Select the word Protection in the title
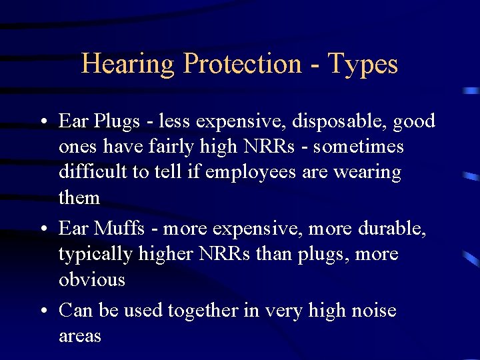[242, 65]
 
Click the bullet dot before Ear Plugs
[42, 123]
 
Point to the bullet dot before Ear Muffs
[42, 230]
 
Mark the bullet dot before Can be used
[42, 312]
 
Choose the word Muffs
[119, 228]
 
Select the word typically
[96, 255]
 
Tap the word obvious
[92, 279]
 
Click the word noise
[372, 311]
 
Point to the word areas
[80, 336]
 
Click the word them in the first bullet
[79, 197]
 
